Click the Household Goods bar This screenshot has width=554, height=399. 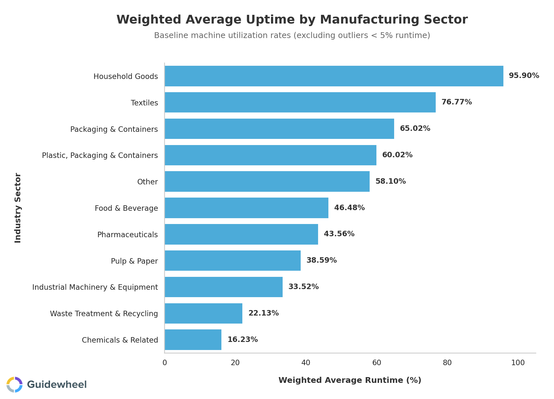coord(334,76)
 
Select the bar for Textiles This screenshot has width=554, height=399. coord(300,102)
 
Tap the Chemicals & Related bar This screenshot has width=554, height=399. coord(193,340)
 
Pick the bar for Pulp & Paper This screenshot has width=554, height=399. coord(233,261)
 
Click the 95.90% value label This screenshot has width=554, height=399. coord(524,76)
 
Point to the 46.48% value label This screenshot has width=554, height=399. coord(349,208)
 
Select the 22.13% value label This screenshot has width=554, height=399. coord(263,313)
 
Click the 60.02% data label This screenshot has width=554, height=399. coord(397,155)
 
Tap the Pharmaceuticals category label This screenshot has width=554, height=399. coord(128,235)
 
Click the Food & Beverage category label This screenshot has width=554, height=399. coord(126,208)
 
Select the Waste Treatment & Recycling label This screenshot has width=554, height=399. coord(104,314)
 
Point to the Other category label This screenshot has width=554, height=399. coord(148,182)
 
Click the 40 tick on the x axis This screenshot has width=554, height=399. coord(306,363)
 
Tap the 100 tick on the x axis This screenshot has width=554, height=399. coord(518,363)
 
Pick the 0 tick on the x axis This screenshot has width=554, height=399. coord(165,363)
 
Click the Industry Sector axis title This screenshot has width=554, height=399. coord(18,208)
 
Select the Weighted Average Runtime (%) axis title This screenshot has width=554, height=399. coord(350,380)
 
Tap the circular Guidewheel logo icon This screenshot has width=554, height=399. coord(15,384)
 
